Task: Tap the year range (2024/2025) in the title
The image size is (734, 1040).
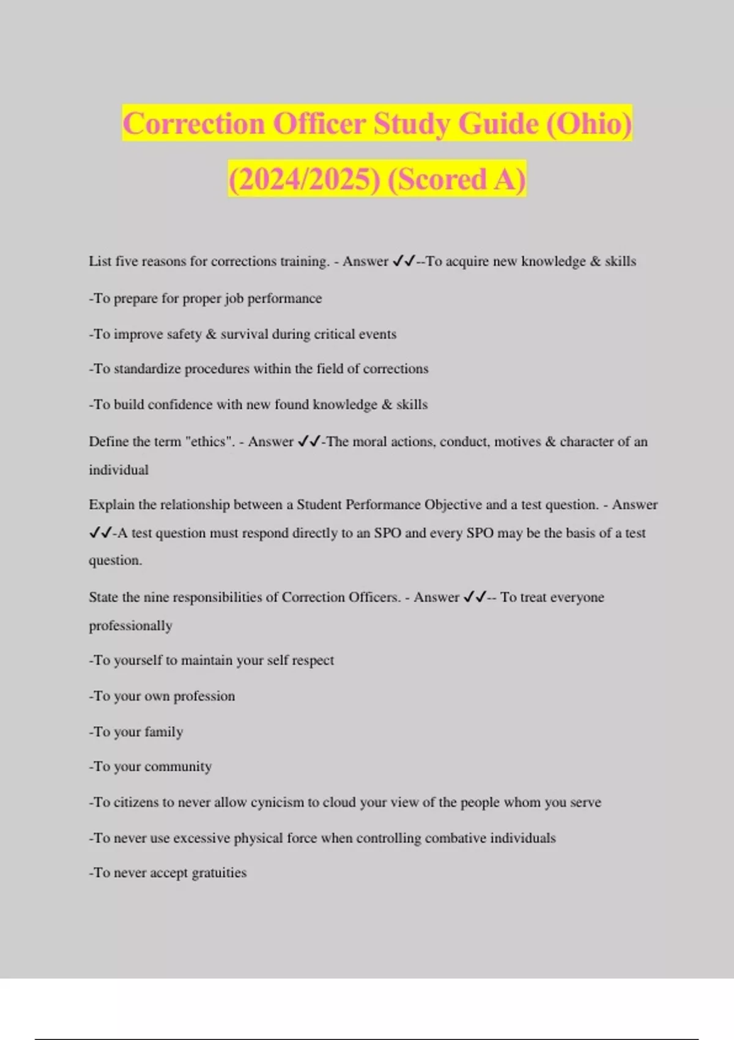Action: tap(304, 179)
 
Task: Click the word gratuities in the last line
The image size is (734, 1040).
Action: tap(219, 873)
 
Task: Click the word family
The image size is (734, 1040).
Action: tap(163, 732)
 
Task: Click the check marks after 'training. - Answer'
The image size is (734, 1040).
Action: tap(404, 261)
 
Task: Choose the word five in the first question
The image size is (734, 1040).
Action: tap(127, 261)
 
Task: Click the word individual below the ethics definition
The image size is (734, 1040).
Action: tap(119, 470)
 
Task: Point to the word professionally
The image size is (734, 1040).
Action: tap(130, 626)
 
